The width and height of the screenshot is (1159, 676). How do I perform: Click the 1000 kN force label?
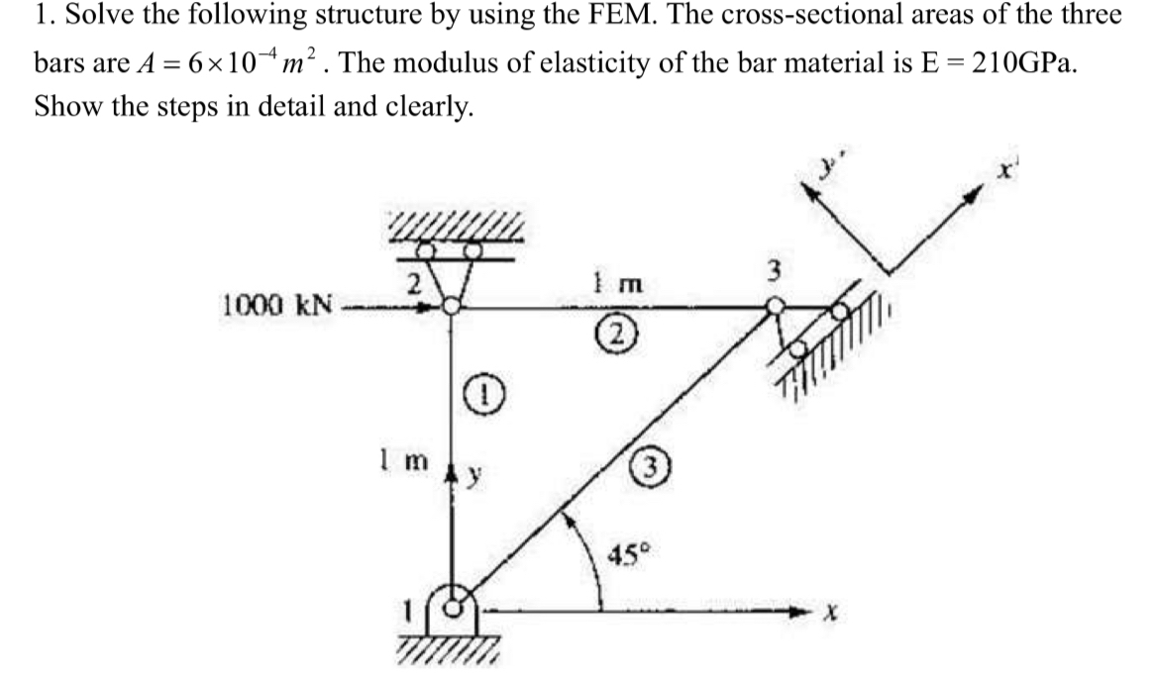pos(275,303)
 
